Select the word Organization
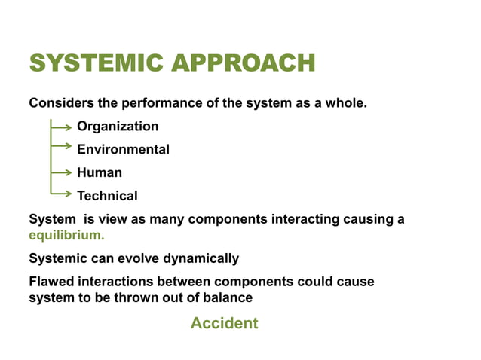coord(118,126)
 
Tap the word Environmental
coord(123,149)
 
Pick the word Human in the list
coord(100,172)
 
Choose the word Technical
coord(107,196)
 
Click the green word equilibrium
coord(66,235)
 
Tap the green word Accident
coord(224,323)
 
